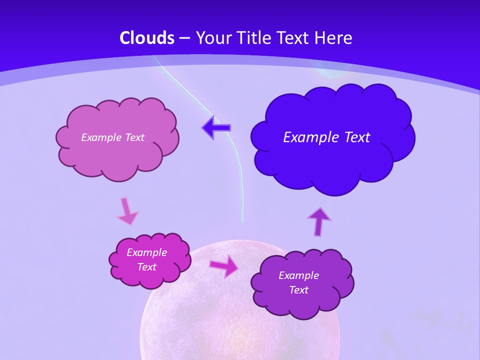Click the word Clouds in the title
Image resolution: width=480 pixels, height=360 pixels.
pyautogui.click(x=147, y=38)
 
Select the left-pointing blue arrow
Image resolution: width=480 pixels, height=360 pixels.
pyautogui.click(x=216, y=128)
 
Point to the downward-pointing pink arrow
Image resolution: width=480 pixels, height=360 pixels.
pyautogui.click(x=127, y=210)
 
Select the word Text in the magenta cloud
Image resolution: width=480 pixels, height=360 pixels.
pyautogui.click(x=147, y=267)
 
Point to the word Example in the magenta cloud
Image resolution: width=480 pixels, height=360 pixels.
pyautogui.click(x=147, y=252)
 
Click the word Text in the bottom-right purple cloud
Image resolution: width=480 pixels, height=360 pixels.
pyautogui.click(x=299, y=290)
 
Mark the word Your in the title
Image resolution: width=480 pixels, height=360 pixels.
pyautogui.click(x=209, y=38)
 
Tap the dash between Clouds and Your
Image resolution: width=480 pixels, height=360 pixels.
pyautogui.click(x=184, y=38)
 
